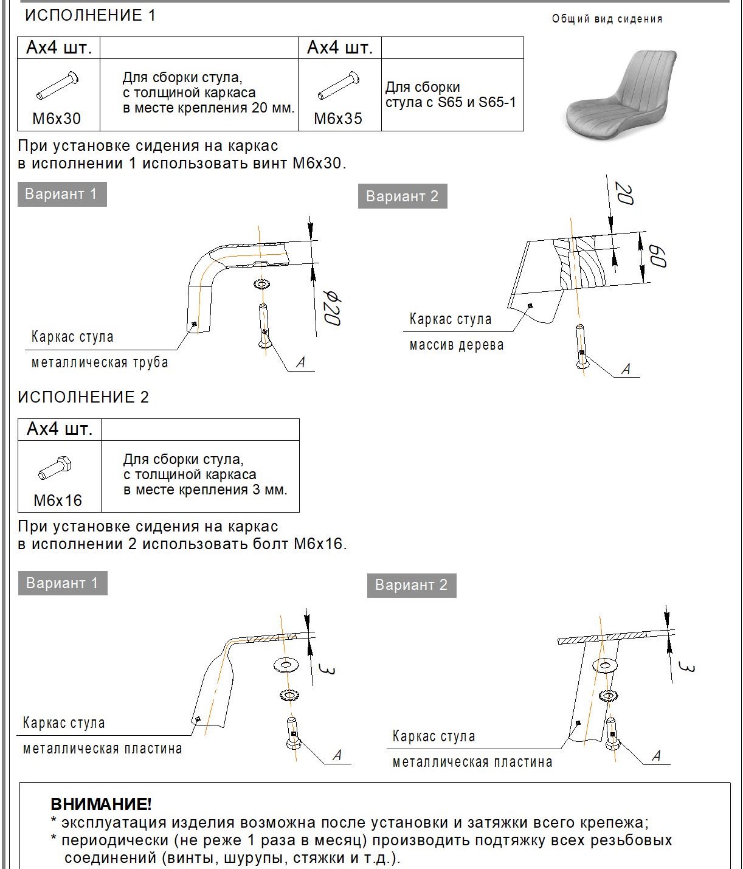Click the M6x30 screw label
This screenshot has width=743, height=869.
[57, 119]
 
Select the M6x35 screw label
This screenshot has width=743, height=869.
[338, 119]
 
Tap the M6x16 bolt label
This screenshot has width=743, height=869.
[58, 500]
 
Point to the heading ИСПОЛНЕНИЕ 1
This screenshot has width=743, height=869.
[90, 16]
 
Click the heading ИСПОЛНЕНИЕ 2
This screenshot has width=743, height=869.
[83, 397]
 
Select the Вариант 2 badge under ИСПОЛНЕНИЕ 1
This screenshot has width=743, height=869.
[402, 196]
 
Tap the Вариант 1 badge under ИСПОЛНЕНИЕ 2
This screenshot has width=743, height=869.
[62, 583]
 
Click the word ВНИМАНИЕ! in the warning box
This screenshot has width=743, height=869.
[101, 805]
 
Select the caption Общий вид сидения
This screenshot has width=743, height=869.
[607, 19]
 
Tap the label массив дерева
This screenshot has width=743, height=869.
[456, 345]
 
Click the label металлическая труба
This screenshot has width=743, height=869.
[100, 362]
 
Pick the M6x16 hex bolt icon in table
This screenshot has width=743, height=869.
[55, 469]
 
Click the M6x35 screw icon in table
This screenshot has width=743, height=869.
[339, 86]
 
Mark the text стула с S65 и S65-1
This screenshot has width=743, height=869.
[451, 102]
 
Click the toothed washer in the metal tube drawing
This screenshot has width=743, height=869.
[262, 284]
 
